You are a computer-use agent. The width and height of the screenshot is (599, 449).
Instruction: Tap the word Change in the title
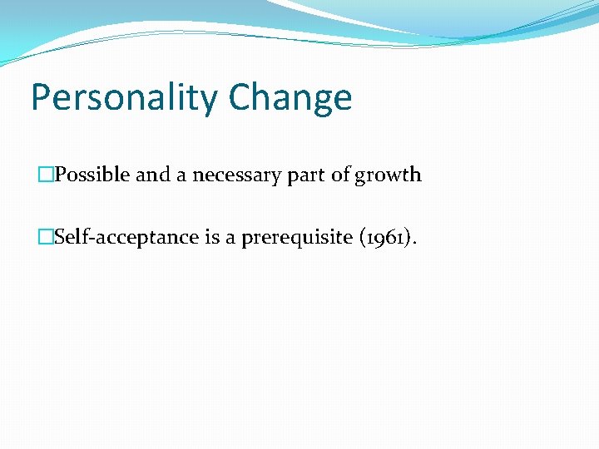point(290,98)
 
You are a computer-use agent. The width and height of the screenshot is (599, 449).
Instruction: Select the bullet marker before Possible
point(45,175)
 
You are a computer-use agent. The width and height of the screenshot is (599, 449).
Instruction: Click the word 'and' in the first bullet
point(152,175)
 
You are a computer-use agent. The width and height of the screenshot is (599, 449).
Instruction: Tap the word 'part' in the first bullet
point(307,175)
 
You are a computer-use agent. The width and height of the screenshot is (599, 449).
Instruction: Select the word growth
point(389,175)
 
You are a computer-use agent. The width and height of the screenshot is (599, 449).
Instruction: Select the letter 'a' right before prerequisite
point(232,239)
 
